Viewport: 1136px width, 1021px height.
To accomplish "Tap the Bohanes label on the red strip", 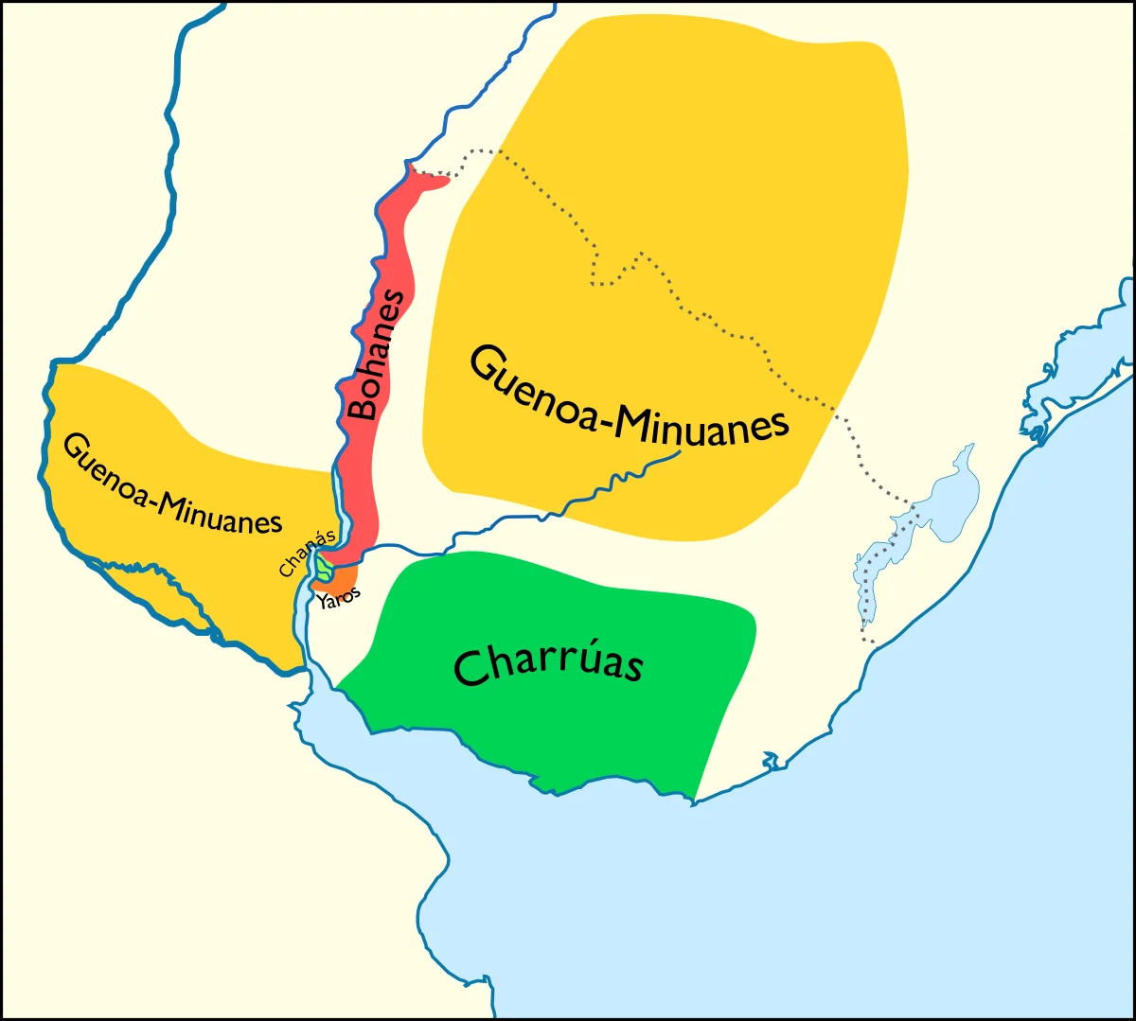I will pos(377,355).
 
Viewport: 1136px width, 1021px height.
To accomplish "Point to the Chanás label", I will pos(307,554).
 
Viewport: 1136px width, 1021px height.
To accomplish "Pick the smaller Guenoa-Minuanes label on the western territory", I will pos(173,484).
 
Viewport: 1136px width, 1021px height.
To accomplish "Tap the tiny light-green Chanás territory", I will pos(325,569).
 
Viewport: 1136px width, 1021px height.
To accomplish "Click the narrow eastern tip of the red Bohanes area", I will pos(437,180).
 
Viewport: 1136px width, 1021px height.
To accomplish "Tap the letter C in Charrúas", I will pos(470,668).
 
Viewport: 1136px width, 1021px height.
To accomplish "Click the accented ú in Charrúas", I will pos(574,657).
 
